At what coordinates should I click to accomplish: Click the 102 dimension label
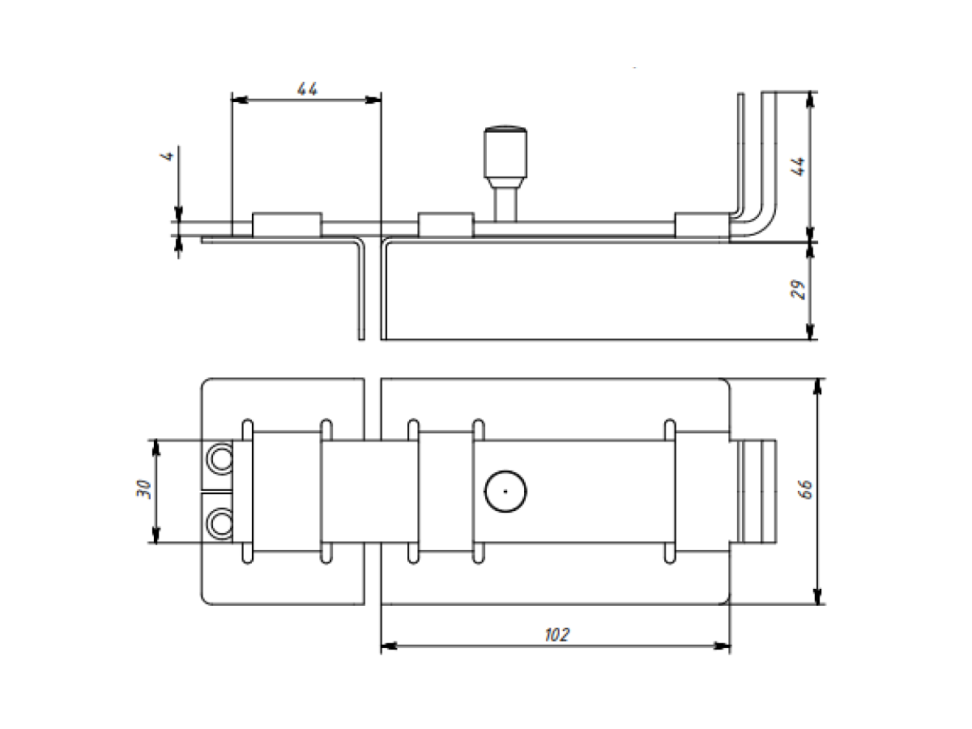556,635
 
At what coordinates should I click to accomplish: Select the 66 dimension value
807,489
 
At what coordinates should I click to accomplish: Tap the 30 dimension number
144,489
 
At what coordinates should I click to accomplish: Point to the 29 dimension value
798,290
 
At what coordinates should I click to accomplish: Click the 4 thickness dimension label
168,156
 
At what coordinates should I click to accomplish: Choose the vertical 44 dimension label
798,167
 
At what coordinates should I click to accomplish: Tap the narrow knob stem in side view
505,204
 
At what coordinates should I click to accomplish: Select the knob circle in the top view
505,492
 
